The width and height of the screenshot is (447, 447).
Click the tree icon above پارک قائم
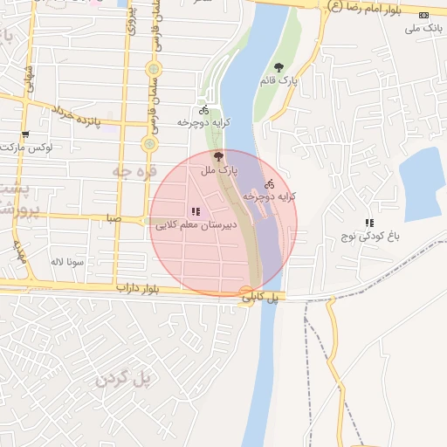coord(279,67)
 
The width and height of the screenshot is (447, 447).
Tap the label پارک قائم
coord(279,80)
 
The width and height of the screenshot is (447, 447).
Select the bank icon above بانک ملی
coord(424,15)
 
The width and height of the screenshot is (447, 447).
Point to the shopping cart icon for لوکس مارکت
coord(25,134)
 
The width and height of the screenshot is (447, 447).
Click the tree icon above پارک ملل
coord(217,155)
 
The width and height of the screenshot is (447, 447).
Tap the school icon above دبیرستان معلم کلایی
coord(196,211)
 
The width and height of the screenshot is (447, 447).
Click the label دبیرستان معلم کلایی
coord(194,225)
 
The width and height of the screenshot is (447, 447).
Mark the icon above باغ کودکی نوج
coord(369,223)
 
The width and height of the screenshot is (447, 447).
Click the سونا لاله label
coord(66,261)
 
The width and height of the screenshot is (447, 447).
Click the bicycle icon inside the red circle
coord(270,184)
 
